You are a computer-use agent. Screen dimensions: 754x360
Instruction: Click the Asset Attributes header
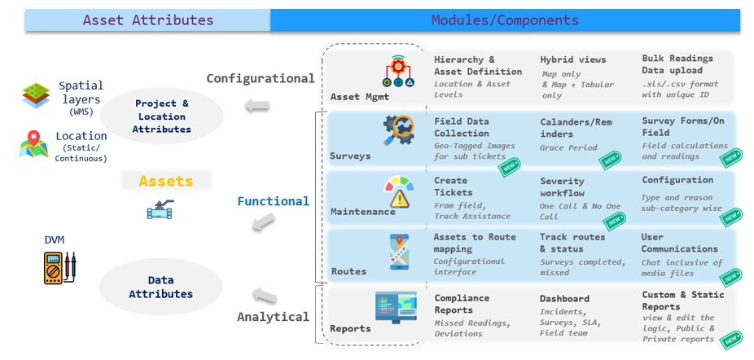click(148, 20)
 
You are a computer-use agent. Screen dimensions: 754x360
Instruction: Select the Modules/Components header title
click(505, 20)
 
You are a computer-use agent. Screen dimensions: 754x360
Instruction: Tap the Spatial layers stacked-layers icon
click(36, 96)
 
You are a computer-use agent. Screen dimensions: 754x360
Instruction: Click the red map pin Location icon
click(33, 144)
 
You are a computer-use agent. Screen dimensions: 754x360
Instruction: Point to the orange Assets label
click(166, 181)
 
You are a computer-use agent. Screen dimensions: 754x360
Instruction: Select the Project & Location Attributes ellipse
click(161, 116)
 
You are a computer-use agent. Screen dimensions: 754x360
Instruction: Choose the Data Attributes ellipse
click(160, 288)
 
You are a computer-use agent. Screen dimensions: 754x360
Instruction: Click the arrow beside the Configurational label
click(257, 106)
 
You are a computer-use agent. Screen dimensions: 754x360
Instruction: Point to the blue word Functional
click(273, 201)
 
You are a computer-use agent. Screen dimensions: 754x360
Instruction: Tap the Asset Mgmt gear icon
click(397, 71)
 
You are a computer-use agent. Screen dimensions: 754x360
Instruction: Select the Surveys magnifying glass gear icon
click(399, 130)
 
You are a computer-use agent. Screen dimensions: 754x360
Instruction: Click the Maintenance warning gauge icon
click(399, 192)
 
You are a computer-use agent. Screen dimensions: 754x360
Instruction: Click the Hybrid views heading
click(573, 59)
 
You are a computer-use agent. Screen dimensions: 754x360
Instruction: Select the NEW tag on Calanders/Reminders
click(610, 160)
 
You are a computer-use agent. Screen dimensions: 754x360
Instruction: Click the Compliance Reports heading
click(462, 304)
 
